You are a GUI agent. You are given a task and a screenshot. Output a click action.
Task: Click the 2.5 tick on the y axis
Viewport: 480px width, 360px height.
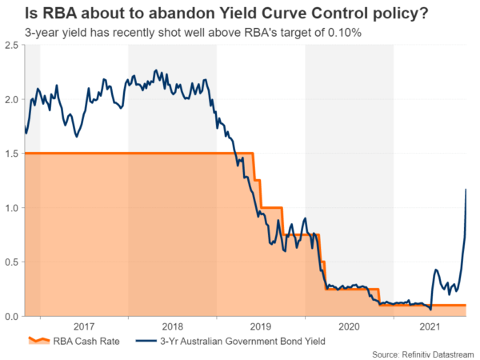12,46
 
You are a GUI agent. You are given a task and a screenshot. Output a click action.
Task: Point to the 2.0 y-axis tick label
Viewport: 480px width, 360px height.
12,100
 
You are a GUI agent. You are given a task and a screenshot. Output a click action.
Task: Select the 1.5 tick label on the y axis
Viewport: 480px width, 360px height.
12,154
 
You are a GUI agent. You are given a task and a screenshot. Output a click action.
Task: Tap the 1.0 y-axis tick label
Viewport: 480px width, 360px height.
12,208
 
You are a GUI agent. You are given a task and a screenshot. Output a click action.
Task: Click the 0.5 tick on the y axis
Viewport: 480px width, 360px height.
12,262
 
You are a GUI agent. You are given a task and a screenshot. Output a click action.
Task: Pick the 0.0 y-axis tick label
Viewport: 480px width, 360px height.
12,317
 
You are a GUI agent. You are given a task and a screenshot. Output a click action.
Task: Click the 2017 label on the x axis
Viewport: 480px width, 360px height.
83,326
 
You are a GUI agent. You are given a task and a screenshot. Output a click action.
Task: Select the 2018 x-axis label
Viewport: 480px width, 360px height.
172,326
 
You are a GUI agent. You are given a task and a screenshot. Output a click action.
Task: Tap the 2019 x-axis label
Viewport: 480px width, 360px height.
261,326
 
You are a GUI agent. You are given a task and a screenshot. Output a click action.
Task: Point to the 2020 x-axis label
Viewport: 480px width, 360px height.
350,326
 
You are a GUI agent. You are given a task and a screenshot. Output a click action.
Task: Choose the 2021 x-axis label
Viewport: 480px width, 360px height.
430,326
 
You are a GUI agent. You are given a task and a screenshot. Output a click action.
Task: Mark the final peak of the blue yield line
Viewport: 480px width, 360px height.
466,190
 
